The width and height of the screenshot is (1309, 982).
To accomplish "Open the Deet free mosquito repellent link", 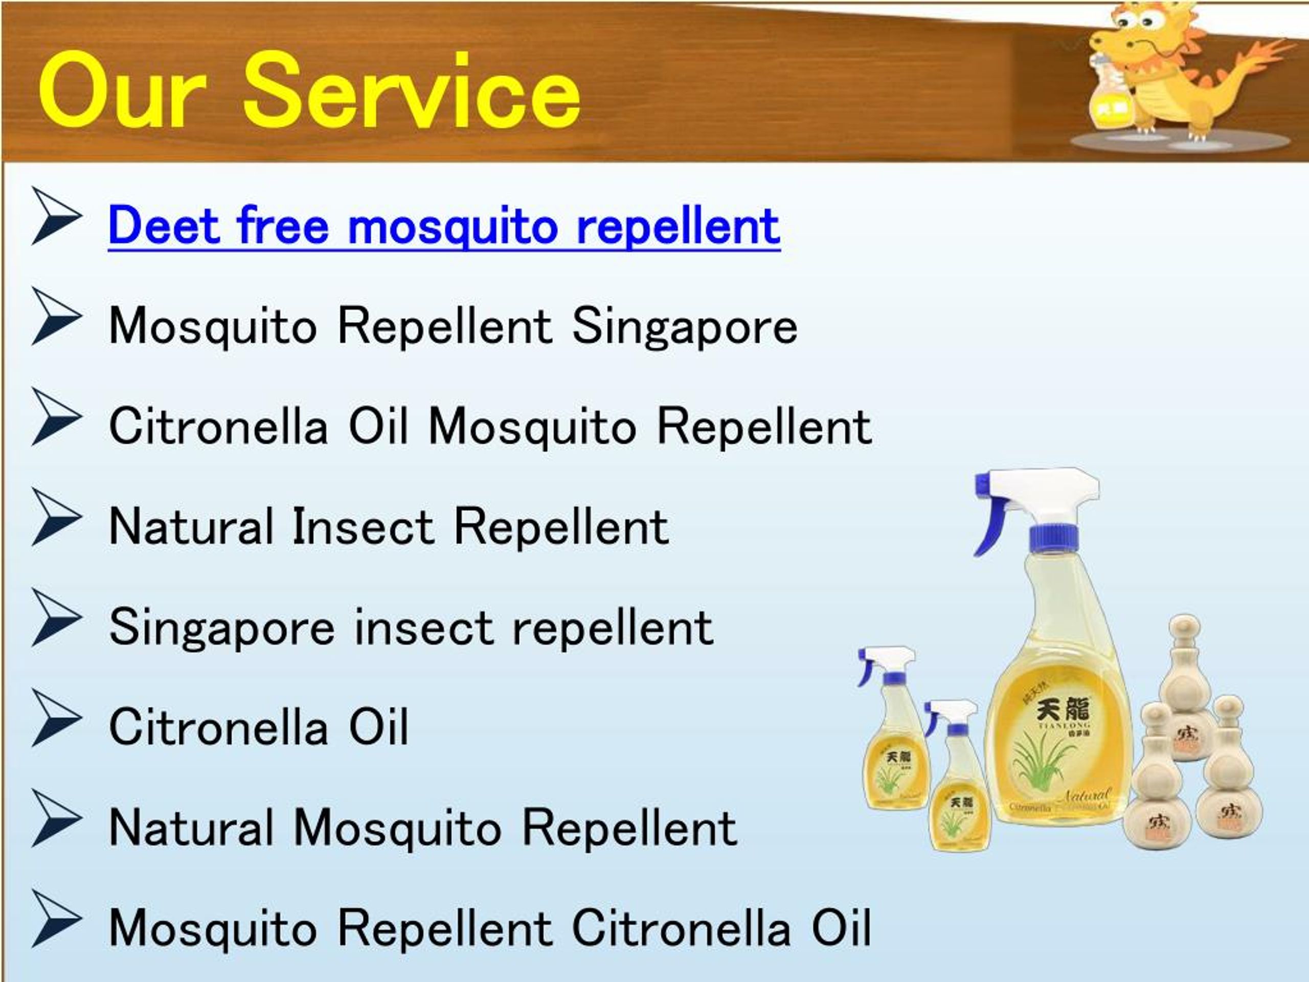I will click(444, 226).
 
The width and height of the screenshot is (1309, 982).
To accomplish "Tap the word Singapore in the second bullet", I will click(684, 327).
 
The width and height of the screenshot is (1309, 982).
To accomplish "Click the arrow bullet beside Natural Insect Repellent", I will click(56, 517).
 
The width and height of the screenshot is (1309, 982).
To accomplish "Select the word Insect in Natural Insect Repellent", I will click(363, 527).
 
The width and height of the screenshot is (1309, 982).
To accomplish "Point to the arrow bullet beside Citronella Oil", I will click(56, 718).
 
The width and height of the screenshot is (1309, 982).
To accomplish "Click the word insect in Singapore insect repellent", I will click(422, 628).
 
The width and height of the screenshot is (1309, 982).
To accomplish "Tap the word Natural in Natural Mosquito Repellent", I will click(191, 828).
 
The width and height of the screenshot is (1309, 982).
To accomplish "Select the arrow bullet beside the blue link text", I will click(56, 216).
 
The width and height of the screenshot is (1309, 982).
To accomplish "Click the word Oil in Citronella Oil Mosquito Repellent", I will click(377, 426).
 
